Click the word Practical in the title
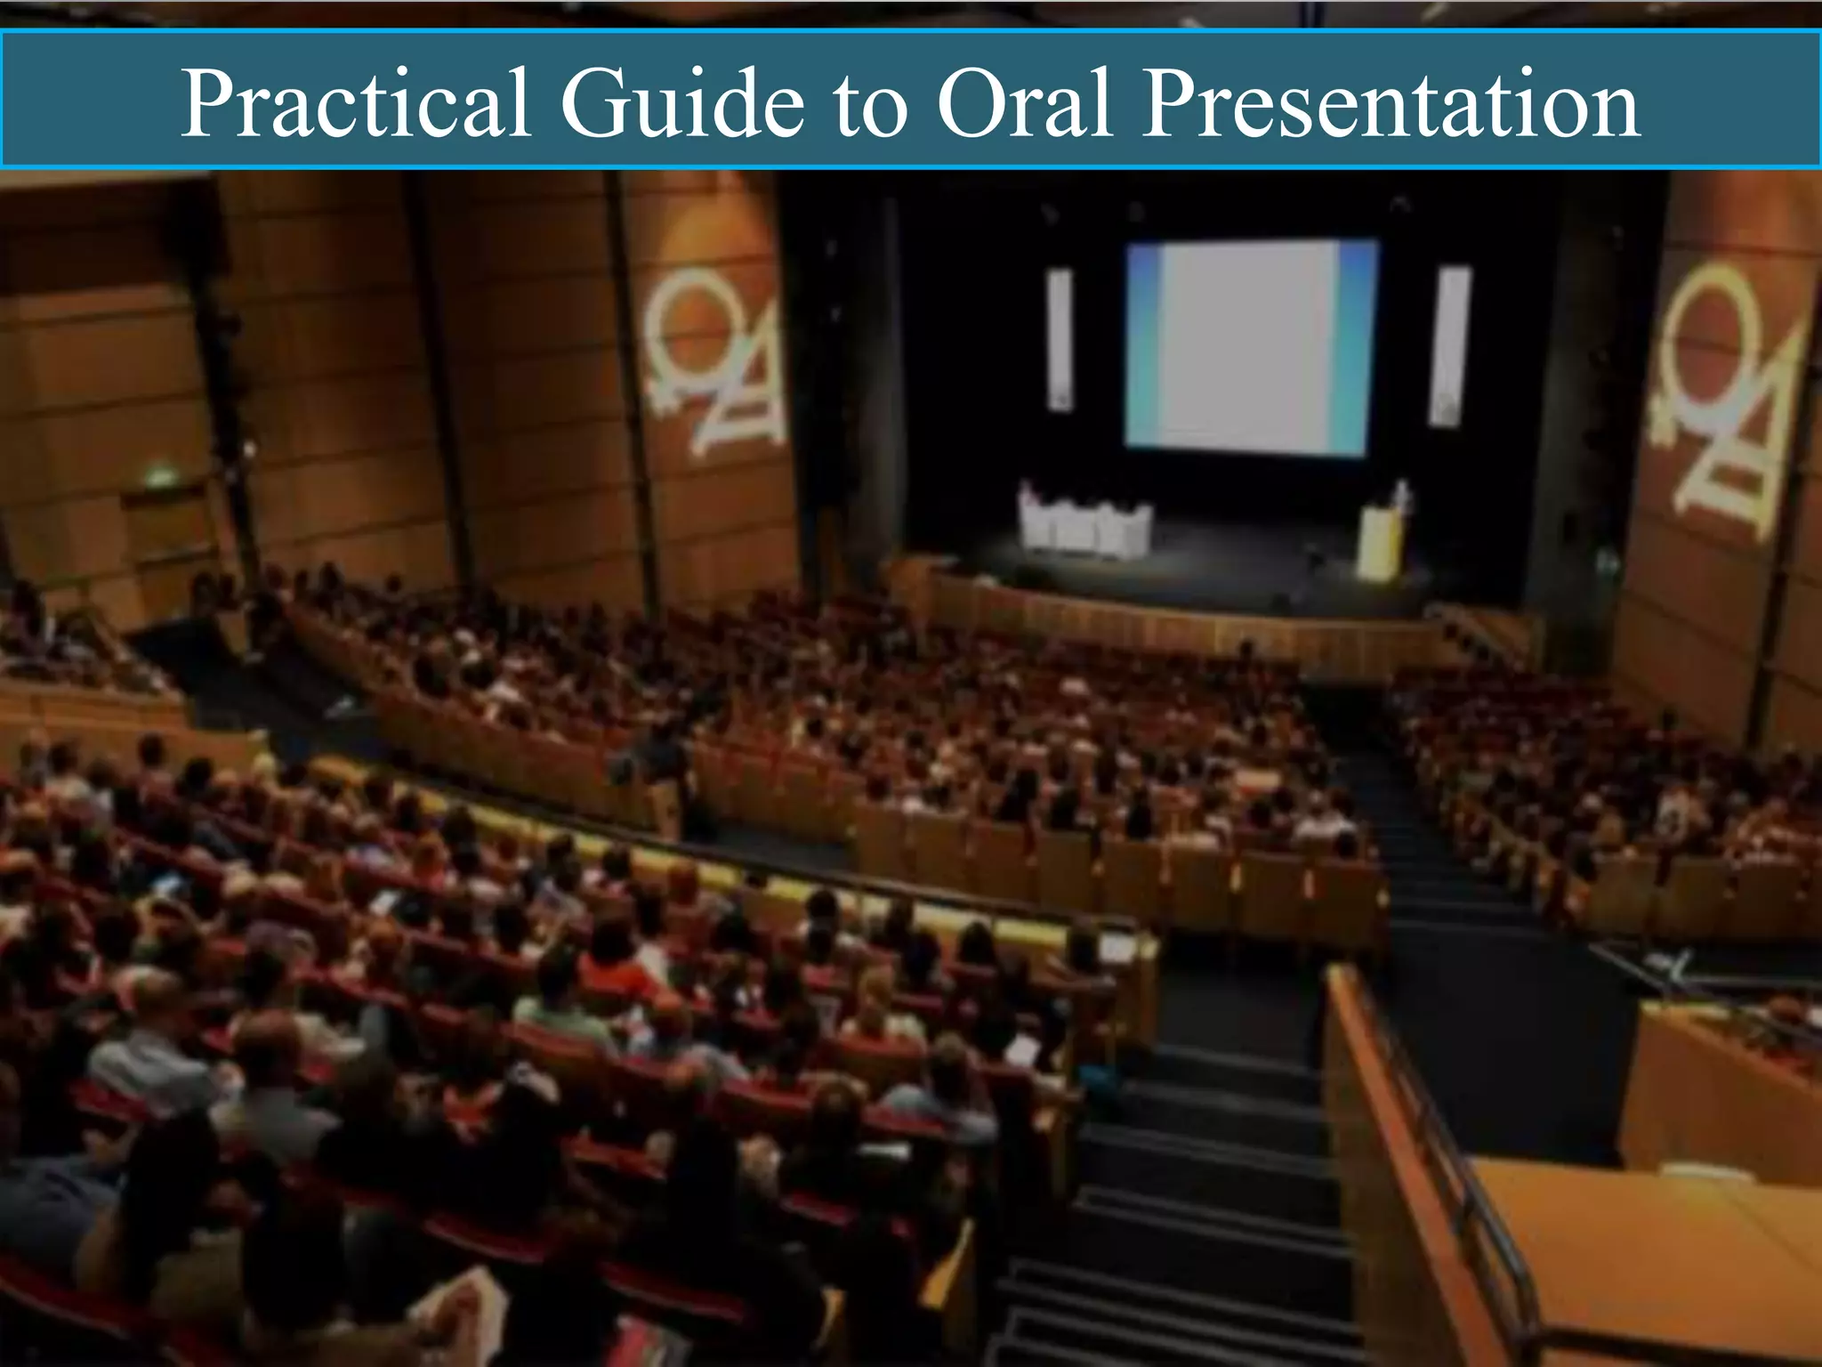(356, 104)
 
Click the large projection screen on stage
(1250, 347)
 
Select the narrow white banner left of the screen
(1060, 339)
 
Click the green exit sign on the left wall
(161, 478)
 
